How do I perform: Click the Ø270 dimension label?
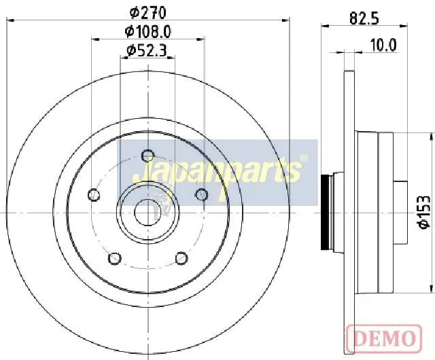pyautogui.click(x=148, y=13)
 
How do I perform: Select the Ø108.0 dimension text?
pyautogui.click(x=148, y=32)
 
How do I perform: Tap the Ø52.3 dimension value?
pyautogui.click(x=147, y=50)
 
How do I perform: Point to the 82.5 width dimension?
pyautogui.click(x=364, y=18)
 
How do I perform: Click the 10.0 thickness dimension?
pyautogui.click(x=383, y=46)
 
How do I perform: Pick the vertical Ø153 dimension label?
pyautogui.click(x=424, y=213)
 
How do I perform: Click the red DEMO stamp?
pyautogui.click(x=384, y=337)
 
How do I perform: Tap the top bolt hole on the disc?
pyautogui.click(x=148, y=156)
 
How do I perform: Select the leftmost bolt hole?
pyautogui.click(x=94, y=195)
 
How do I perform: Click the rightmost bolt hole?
pyautogui.click(x=201, y=194)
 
